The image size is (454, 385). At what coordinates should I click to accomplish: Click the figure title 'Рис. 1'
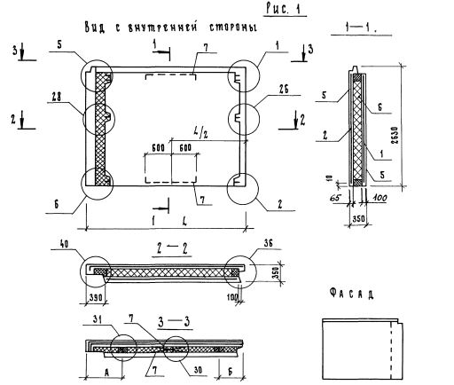[x=283, y=9]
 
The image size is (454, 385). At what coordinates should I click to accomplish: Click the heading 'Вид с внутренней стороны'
[x=171, y=27]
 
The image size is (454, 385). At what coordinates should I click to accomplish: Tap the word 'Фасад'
[x=351, y=294]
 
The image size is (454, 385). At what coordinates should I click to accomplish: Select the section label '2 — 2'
[x=172, y=248]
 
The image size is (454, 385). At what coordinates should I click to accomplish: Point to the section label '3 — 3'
[x=174, y=322]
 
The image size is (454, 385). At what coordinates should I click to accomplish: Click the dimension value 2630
[x=395, y=136]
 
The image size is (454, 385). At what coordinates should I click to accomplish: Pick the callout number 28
[x=56, y=97]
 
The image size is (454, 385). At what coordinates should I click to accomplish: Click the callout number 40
[x=65, y=244]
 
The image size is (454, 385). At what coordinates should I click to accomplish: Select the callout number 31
[x=98, y=319]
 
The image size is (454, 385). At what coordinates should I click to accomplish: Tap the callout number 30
[x=200, y=370]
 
